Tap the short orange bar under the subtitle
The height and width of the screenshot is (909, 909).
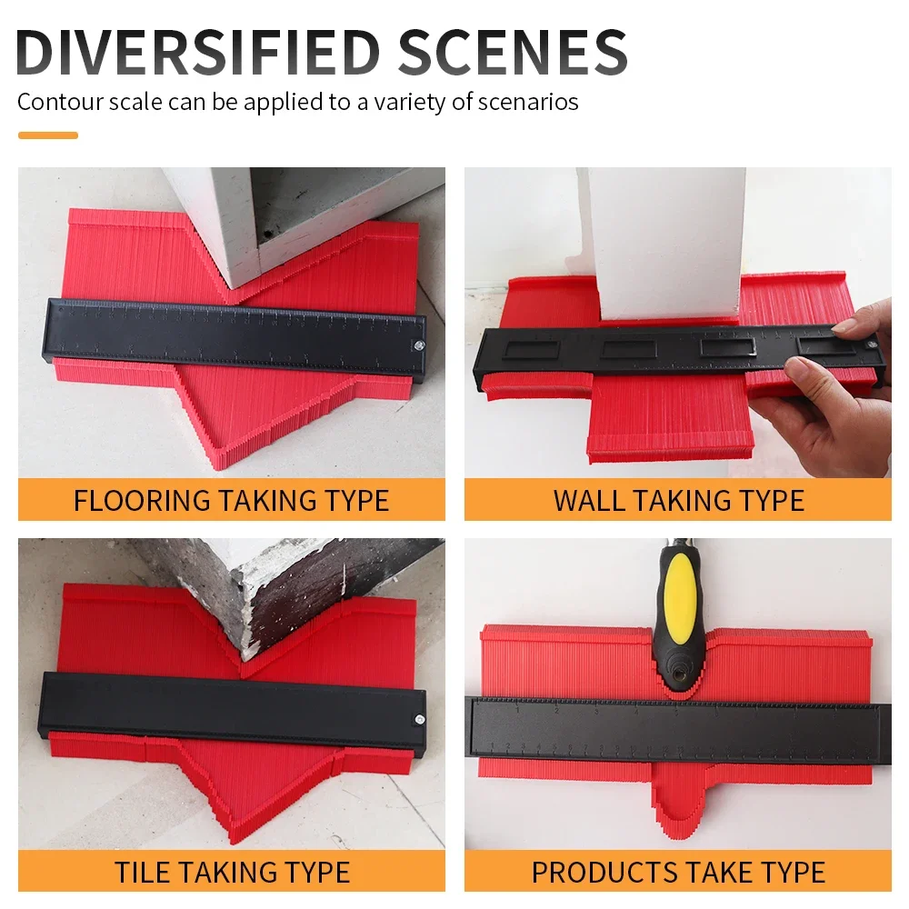48,135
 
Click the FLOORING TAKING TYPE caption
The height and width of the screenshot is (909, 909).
231,500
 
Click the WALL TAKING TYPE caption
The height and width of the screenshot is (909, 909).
678,500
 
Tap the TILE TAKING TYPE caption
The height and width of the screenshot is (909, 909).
231,873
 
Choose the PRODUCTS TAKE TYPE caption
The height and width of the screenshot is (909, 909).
678,873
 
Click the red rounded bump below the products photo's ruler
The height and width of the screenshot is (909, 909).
676,800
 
